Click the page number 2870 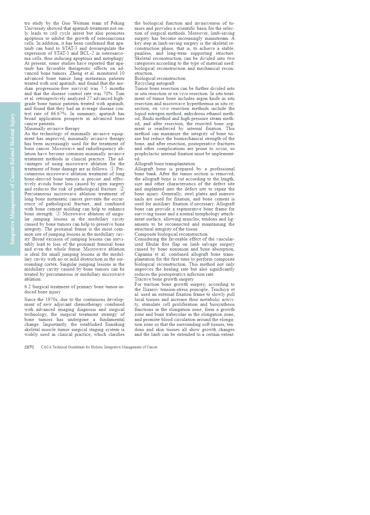click(x=29, y=347)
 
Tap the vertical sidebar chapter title click(x=12, y=179)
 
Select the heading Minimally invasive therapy click(x=52, y=129)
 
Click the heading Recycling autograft click(x=154, y=84)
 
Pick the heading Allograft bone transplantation click(x=165, y=164)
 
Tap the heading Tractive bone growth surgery click(x=164, y=279)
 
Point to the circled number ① click(x=112, y=169)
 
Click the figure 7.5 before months click(x=104, y=88)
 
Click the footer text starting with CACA click(x=99, y=347)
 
